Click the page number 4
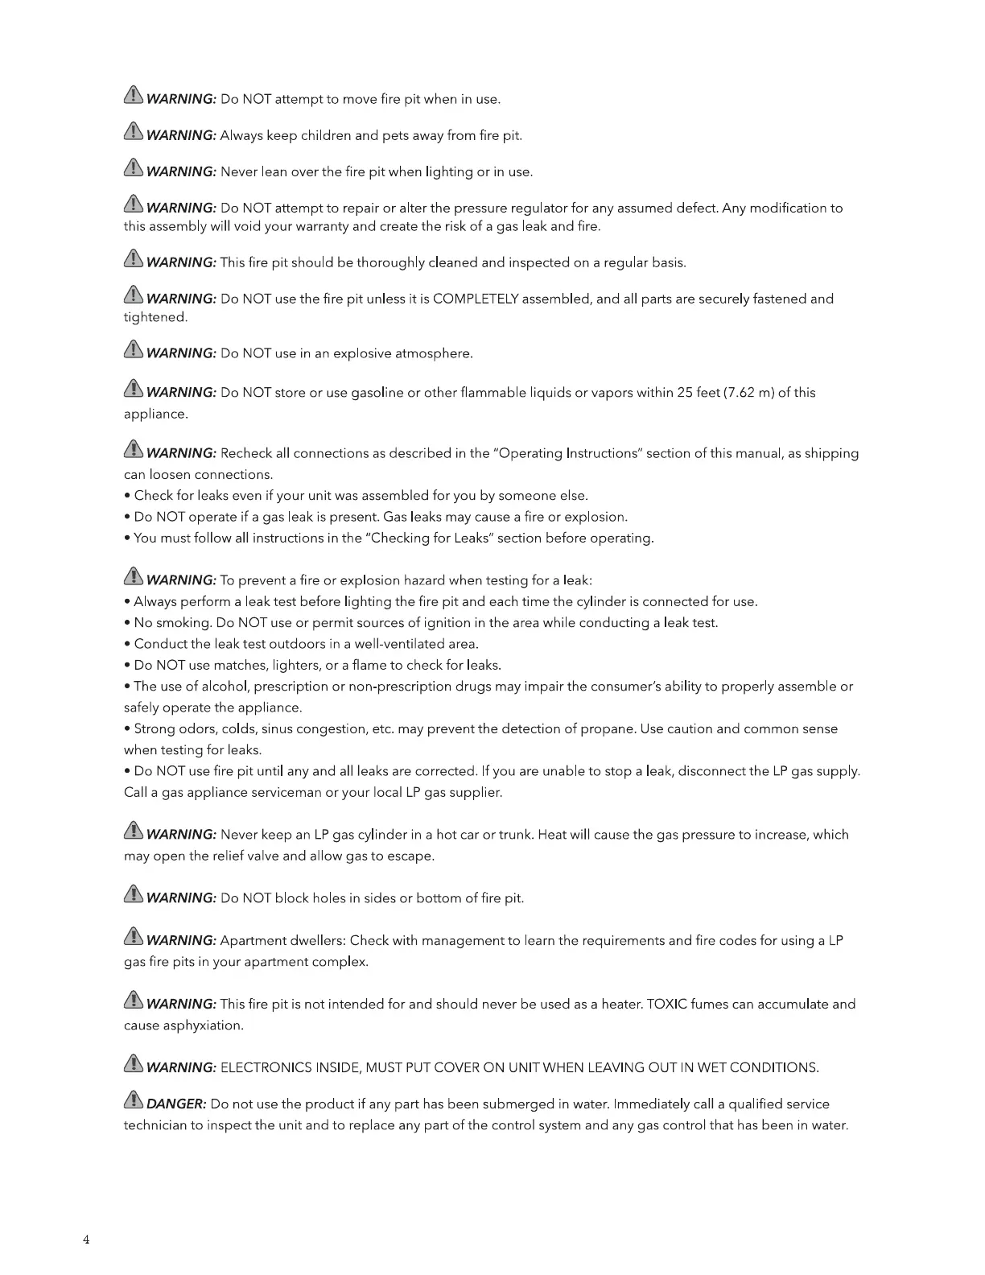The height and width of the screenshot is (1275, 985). click(86, 1240)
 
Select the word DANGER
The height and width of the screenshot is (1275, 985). click(176, 1104)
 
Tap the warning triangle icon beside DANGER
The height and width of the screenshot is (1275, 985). click(134, 1101)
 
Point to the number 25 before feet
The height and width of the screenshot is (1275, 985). click(686, 393)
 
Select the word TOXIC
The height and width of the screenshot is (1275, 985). click(667, 1004)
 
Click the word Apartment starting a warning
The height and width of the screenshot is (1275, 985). click(252, 940)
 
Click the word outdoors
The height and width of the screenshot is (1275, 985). click(296, 644)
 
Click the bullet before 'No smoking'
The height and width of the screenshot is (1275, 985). click(128, 623)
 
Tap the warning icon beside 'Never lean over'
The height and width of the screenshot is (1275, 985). click(134, 169)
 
